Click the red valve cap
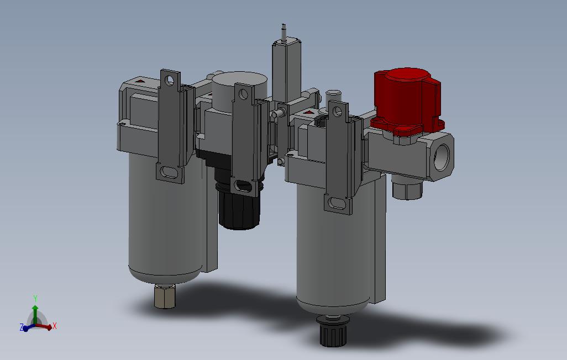[x=407, y=101]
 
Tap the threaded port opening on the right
[x=442, y=156]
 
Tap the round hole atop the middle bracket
[x=243, y=95]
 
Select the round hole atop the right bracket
[x=337, y=112]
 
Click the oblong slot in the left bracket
[x=169, y=171]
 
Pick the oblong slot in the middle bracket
[x=242, y=187]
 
